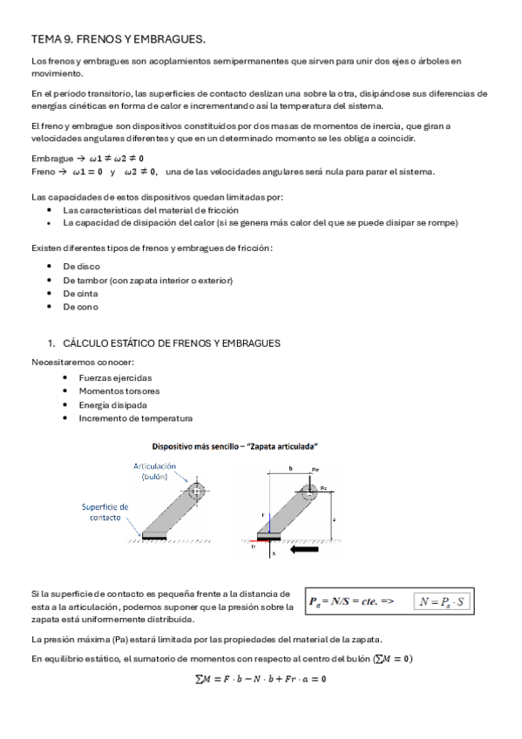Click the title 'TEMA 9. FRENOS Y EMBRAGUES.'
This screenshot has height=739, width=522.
119,39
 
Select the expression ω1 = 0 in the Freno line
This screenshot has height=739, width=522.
88,171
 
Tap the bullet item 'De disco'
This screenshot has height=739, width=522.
82,266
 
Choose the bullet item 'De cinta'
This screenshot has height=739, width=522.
82,294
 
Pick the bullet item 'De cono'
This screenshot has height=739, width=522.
81,307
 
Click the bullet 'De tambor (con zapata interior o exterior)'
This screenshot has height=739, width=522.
147,280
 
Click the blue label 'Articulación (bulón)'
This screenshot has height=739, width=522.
154,471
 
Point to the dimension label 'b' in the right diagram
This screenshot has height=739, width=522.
290,468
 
